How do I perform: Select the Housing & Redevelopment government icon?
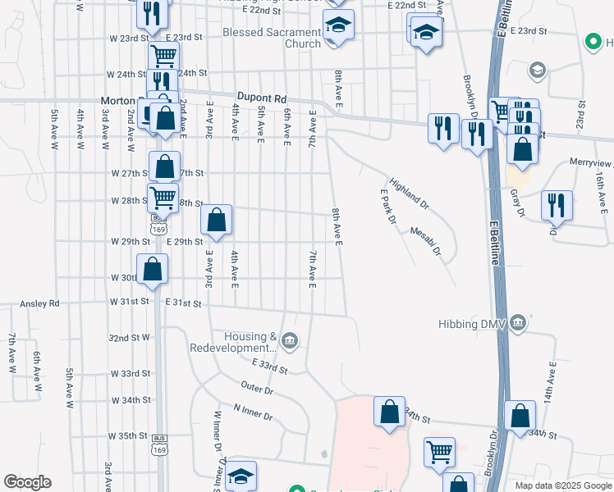tap(289, 340)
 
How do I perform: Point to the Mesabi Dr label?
tap(425, 242)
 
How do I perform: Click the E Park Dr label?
tap(388, 208)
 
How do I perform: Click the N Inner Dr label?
tap(253, 412)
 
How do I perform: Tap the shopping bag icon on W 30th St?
tap(153, 268)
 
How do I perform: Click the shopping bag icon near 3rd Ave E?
tap(216, 219)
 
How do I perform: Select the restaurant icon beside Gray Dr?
tap(557, 205)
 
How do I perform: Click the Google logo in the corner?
tap(27, 482)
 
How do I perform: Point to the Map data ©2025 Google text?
tap(562, 485)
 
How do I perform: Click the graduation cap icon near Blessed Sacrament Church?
tap(337, 25)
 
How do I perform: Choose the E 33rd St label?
tap(271, 366)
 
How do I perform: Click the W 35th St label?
tap(131, 436)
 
